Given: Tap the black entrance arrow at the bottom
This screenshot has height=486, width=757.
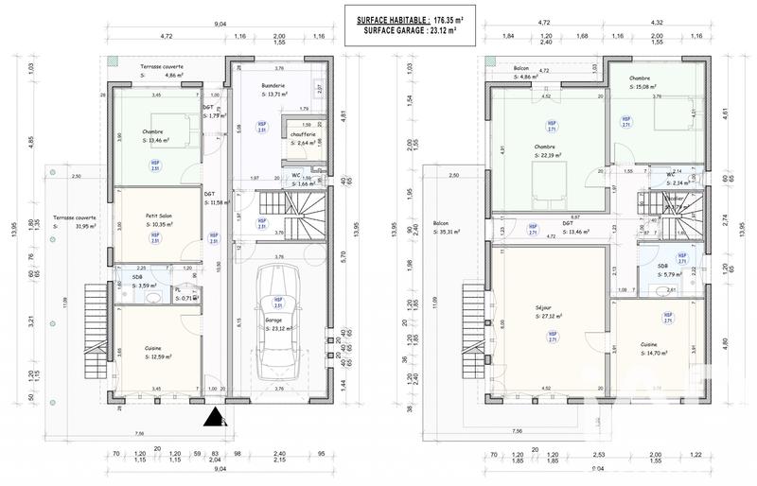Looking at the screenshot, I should tap(215, 417).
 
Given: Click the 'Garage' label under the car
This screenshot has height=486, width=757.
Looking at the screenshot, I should tap(273, 321).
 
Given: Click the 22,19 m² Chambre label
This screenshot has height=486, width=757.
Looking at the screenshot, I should tap(545, 147).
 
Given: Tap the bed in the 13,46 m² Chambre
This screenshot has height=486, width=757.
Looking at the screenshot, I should tap(187, 136).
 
